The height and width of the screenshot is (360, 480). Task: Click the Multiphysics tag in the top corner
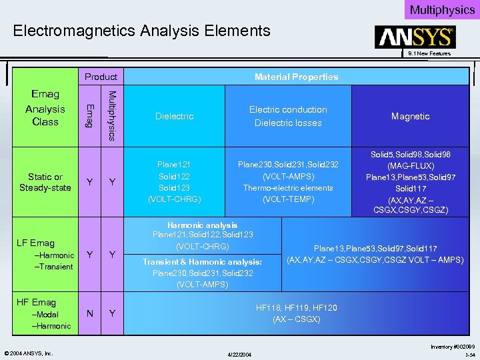[x=442, y=9]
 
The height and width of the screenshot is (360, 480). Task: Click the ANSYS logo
[x=415, y=37]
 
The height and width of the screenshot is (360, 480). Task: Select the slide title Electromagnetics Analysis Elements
[x=142, y=31]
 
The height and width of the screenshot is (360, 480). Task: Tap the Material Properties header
[x=296, y=77]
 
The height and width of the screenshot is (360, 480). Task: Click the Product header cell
[x=101, y=77]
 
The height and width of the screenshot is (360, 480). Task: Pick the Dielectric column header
[x=174, y=116]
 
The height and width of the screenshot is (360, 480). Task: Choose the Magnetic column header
[x=410, y=116]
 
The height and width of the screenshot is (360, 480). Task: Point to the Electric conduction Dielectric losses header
[x=288, y=116]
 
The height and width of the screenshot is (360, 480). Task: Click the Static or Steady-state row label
[x=45, y=182]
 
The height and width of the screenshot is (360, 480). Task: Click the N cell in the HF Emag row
[x=90, y=313]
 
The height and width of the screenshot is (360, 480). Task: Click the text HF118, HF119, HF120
[x=297, y=308]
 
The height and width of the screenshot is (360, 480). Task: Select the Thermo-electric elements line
[x=288, y=188]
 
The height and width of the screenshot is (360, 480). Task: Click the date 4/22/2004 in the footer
[x=239, y=353]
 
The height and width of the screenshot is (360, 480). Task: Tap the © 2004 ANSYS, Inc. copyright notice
[x=29, y=353]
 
